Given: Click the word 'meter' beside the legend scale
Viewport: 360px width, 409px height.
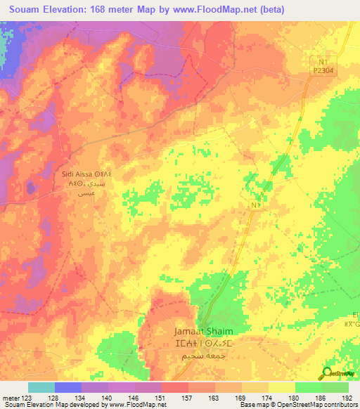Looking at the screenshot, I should tap(10, 397).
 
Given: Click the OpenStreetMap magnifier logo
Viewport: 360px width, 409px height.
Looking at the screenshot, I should tap(328, 372).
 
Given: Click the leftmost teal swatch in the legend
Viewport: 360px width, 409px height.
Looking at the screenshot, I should tap(41, 387).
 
